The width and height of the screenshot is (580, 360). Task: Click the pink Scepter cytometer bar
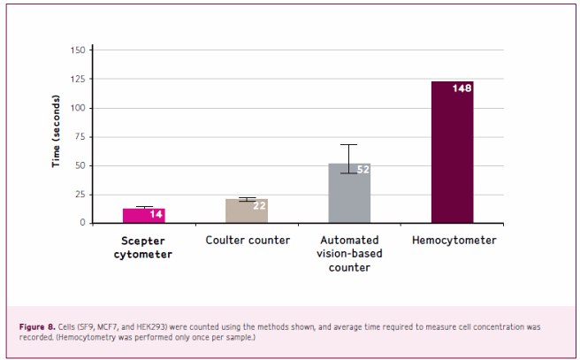pos(143,215)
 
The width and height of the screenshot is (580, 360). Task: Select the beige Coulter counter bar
pos(247,211)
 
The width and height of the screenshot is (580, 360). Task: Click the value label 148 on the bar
pos(462,88)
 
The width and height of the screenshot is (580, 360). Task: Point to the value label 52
pos(362,169)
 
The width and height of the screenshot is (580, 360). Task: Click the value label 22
pos(260,205)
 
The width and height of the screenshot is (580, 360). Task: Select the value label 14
pos(156,214)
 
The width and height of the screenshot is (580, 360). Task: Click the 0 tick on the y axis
pos(82,223)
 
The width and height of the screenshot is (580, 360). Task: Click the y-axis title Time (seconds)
pos(57,134)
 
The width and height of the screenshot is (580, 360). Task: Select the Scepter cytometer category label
pos(143,247)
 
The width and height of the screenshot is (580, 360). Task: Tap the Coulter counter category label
pos(248,241)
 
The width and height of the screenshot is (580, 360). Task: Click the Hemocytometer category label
pos(453,241)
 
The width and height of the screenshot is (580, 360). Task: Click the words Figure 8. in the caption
pos(37,327)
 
